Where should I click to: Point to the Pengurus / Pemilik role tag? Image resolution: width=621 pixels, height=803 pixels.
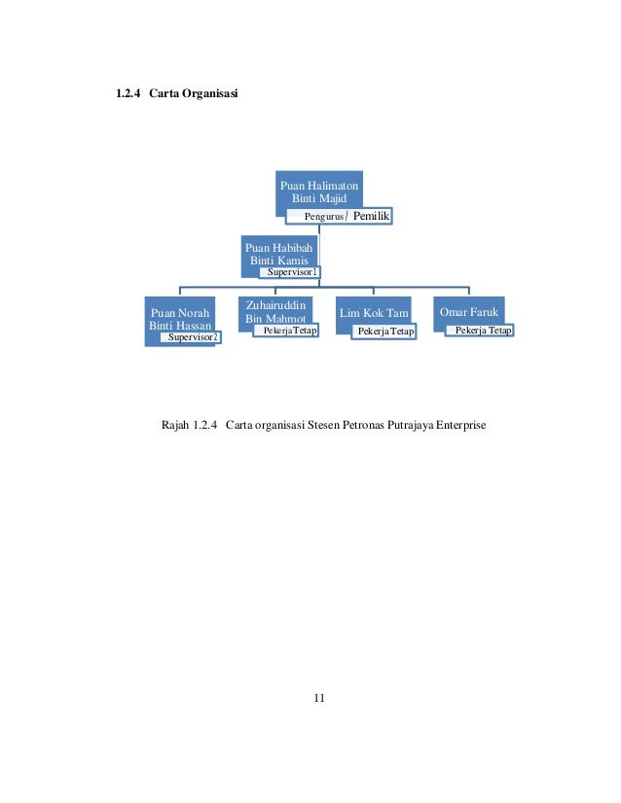[x=339, y=216]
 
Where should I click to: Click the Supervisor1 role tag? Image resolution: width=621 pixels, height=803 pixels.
[x=292, y=272]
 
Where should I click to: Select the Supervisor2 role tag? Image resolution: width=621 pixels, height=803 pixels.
[x=193, y=337]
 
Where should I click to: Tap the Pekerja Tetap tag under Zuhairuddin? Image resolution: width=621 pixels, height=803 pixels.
[x=285, y=332]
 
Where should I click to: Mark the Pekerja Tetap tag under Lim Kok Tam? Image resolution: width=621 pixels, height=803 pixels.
[x=384, y=332]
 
